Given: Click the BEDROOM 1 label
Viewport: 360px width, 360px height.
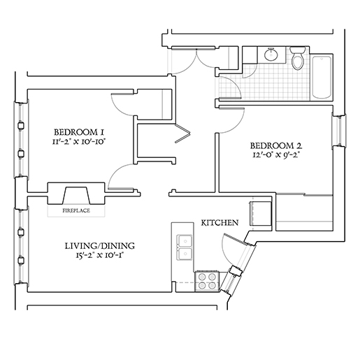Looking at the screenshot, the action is click(79, 132).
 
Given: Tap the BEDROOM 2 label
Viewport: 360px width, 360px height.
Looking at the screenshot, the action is click(276, 146).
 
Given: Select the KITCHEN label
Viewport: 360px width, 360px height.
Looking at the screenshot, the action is click(219, 223).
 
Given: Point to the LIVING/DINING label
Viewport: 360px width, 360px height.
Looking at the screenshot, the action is click(99, 246).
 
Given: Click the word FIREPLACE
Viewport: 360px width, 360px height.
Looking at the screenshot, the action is click(76, 210).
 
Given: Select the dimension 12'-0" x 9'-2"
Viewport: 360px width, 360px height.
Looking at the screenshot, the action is click(276, 155).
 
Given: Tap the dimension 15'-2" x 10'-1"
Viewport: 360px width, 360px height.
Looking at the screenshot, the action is click(99, 255).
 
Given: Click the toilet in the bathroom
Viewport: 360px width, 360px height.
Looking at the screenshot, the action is click(298, 58).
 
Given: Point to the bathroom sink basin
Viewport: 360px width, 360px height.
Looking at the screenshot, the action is click(271, 55).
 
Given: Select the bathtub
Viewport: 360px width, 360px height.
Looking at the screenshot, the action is click(322, 77).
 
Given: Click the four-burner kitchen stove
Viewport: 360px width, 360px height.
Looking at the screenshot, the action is click(206, 281).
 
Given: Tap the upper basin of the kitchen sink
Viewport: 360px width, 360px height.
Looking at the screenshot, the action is click(185, 240).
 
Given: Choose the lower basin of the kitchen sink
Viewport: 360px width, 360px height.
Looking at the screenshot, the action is click(185, 254).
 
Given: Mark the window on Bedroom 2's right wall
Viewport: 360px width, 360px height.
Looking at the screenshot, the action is click(339, 131).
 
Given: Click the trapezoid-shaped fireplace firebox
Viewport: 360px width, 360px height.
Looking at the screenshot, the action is click(77, 196).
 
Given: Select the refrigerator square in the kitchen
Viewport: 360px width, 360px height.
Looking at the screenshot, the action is click(260, 214).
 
